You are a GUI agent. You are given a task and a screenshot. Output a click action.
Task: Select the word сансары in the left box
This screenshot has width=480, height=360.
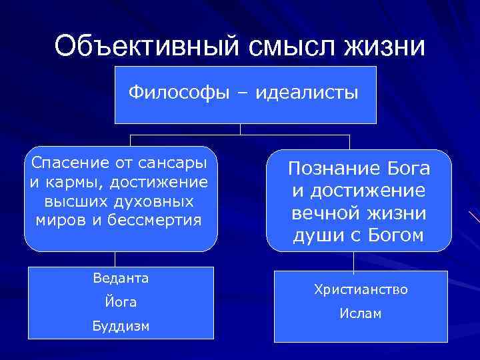click(x=174, y=163)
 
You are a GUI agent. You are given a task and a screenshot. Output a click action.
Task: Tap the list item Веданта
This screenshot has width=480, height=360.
click(x=121, y=278)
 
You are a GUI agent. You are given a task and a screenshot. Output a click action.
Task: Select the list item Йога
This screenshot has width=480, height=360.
click(x=121, y=302)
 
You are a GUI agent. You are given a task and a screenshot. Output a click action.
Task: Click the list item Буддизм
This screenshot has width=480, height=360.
click(x=121, y=326)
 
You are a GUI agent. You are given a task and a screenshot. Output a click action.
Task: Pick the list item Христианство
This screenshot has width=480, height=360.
click(x=361, y=290)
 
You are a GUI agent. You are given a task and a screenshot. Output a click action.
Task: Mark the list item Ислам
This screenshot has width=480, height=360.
click(x=361, y=313)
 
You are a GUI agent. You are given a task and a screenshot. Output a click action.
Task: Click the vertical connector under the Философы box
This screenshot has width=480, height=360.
click(x=240, y=129)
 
